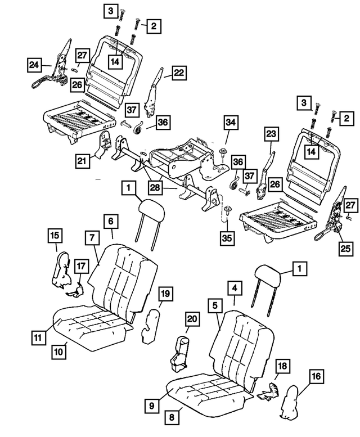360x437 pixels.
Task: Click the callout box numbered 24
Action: click(34, 66)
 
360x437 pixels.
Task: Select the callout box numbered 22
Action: click(179, 73)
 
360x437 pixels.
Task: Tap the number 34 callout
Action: click(230, 122)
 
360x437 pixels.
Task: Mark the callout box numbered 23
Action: click(272, 134)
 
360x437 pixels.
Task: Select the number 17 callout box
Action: click(81, 265)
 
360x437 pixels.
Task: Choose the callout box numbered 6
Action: click(110, 222)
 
